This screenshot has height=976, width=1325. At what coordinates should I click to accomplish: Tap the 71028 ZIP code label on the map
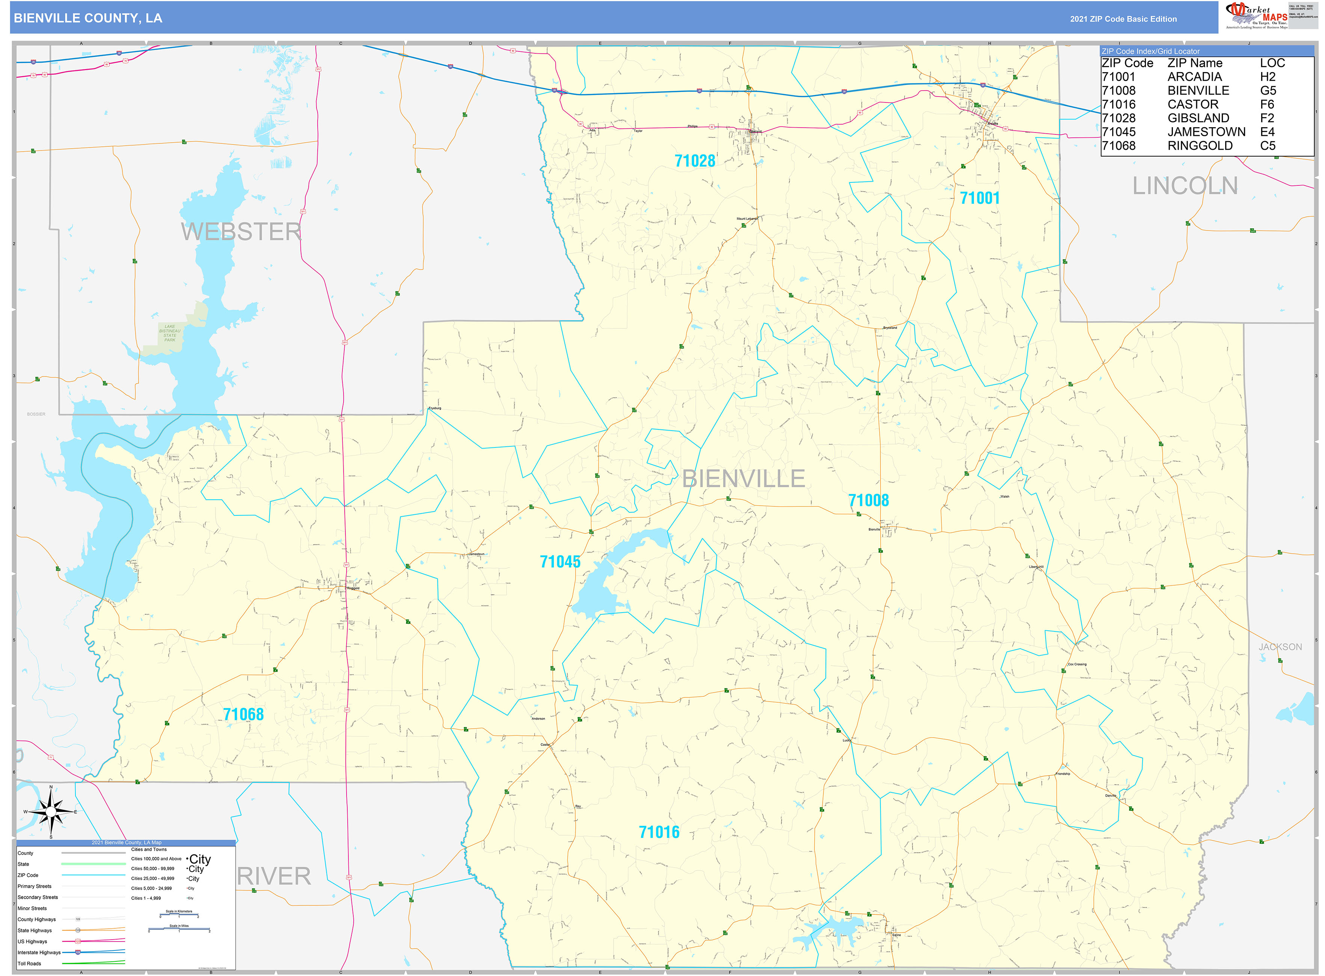[694, 161]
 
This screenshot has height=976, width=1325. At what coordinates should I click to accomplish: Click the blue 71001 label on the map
[979, 198]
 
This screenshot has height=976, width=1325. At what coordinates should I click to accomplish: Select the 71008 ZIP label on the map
[868, 500]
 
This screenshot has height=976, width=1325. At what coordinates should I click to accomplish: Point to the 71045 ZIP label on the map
[560, 562]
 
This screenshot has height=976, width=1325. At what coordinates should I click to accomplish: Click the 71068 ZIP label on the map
[243, 714]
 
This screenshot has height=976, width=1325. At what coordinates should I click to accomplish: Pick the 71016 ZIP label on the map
[659, 833]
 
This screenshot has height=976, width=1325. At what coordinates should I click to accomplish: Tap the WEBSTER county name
[241, 232]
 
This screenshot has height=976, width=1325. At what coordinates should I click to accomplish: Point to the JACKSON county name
[1280, 647]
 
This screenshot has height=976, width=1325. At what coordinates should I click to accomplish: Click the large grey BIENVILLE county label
[743, 479]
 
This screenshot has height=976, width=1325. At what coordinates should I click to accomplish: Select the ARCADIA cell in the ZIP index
[1194, 77]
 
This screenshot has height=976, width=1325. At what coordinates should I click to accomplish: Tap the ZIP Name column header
[1194, 63]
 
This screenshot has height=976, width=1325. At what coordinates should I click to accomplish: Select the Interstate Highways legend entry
[39, 952]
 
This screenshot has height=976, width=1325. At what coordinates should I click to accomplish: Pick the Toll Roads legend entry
[30, 964]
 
